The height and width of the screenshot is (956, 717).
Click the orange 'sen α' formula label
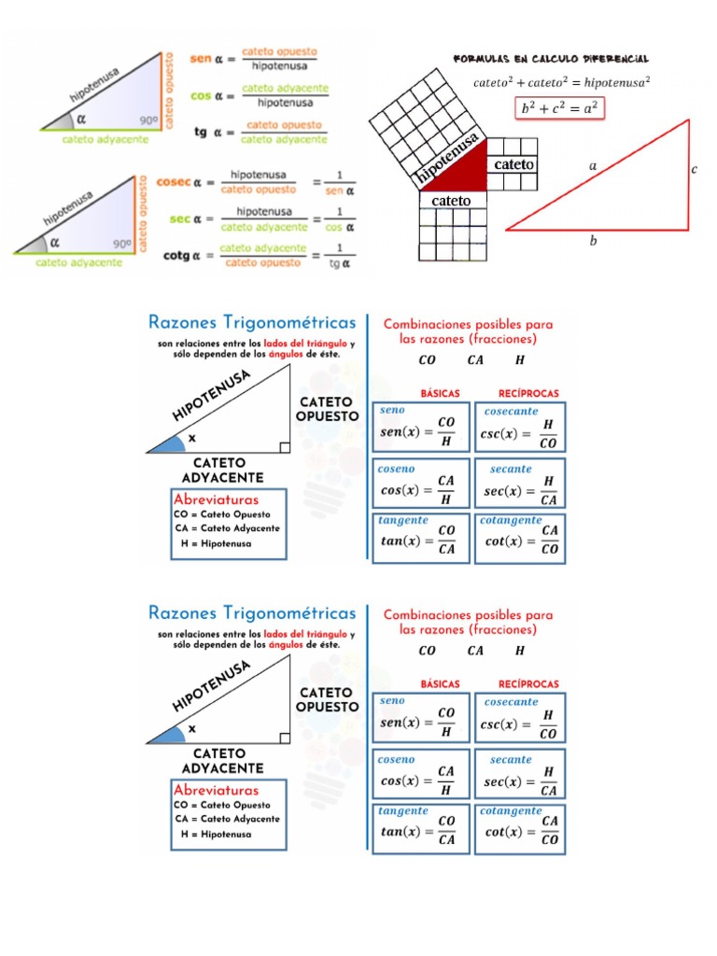coord(205,58)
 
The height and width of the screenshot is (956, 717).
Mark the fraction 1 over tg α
coord(341,255)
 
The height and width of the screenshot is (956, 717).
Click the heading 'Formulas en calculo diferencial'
coord(551,58)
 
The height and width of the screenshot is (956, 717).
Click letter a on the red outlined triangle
coord(592,165)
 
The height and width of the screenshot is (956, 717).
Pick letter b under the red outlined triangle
coord(592,241)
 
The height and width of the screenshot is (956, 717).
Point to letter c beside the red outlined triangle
coord(695,169)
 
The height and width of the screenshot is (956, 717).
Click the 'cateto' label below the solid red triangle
coord(450,200)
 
